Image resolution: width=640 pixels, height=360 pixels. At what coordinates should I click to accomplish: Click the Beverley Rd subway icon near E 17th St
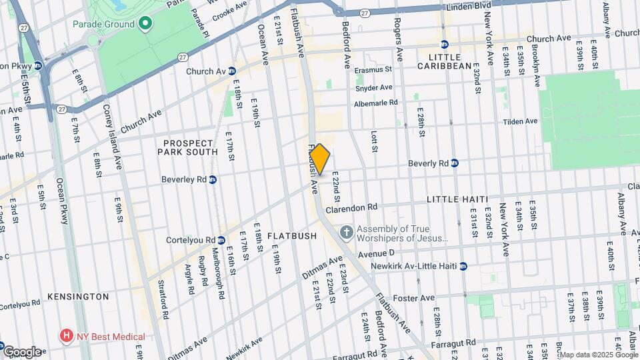(x=213, y=179)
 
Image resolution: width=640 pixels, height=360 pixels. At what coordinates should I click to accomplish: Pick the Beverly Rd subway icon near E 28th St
(x=455, y=163)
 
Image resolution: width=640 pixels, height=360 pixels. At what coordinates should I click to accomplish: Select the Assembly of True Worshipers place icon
(x=346, y=233)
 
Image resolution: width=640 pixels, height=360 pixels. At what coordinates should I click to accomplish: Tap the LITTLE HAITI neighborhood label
(x=457, y=199)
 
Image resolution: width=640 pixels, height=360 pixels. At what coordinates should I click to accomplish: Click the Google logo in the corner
(x=21, y=351)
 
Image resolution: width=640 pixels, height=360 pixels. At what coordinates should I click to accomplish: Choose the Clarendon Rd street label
(x=352, y=207)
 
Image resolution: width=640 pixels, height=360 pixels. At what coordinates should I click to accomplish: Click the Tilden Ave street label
(x=521, y=121)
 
